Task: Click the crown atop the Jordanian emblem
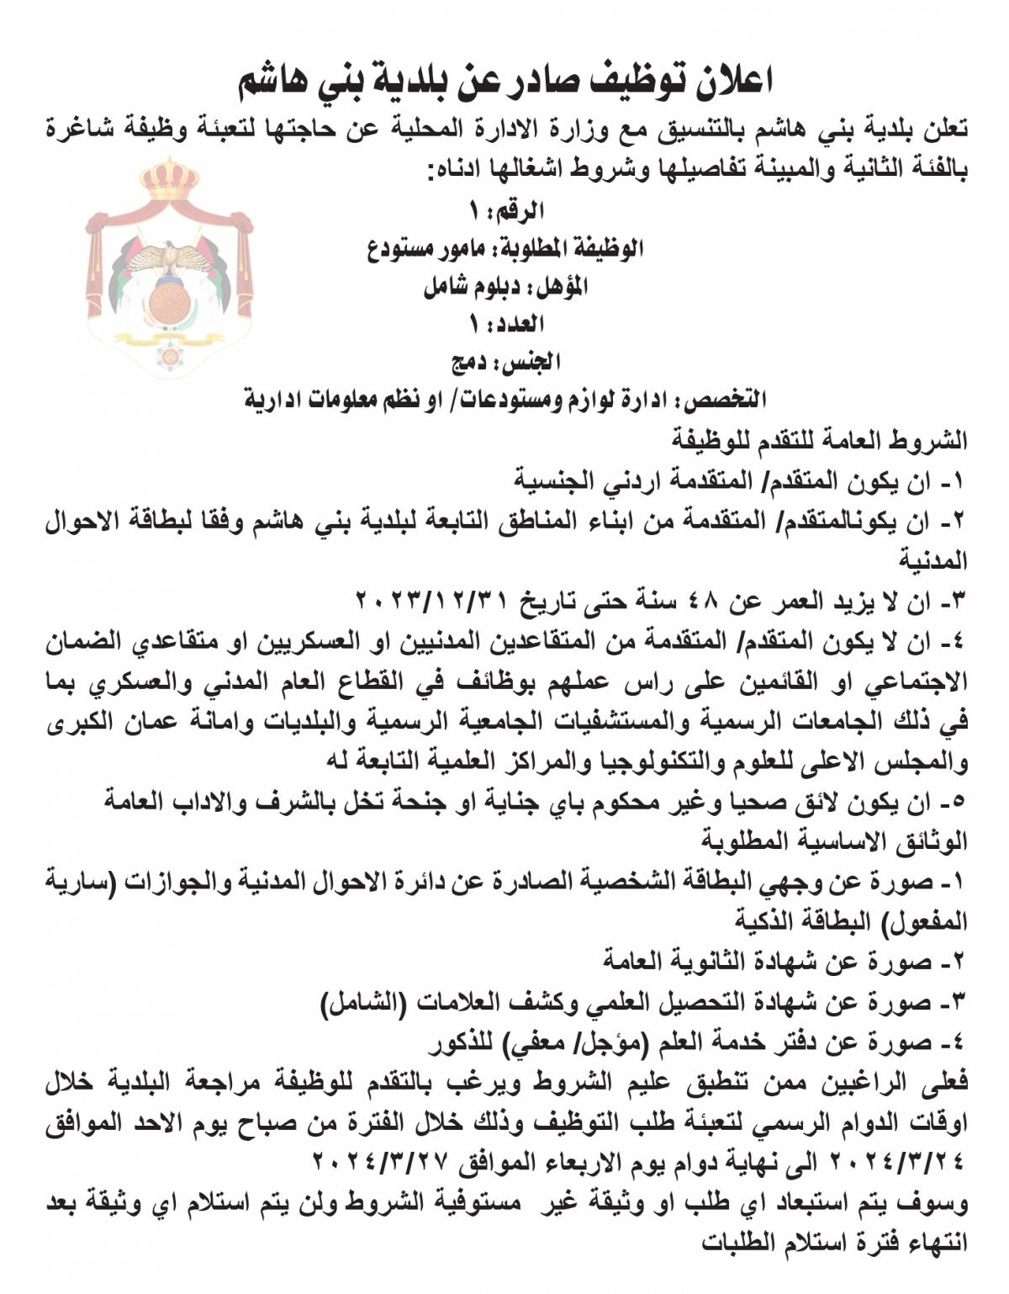pos(169,181)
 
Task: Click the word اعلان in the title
pos(731,82)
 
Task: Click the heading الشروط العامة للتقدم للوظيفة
pos(819,440)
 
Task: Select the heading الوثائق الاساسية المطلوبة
pos(834,840)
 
